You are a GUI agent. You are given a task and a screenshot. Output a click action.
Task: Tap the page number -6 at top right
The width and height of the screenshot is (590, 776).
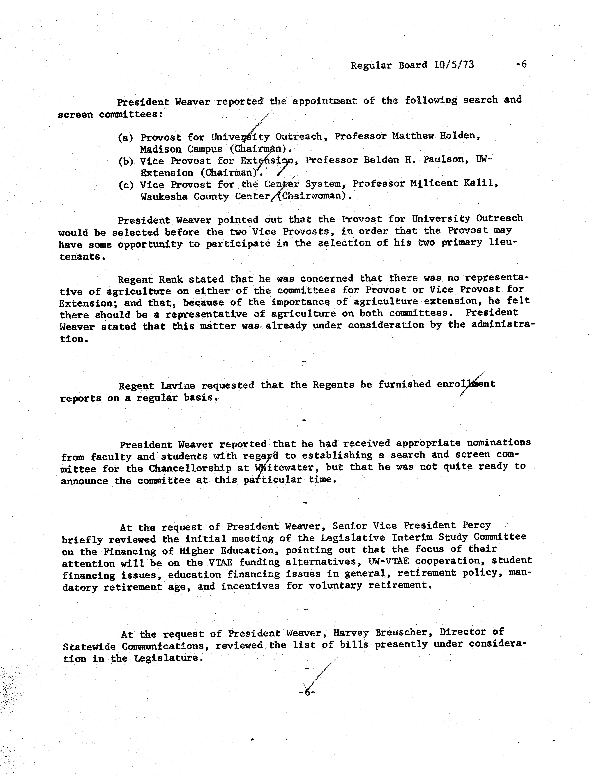(521, 64)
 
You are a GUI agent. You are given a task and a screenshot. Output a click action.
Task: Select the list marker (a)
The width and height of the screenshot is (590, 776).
(125, 137)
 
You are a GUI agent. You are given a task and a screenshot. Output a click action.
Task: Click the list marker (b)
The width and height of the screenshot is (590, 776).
(125, 161)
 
